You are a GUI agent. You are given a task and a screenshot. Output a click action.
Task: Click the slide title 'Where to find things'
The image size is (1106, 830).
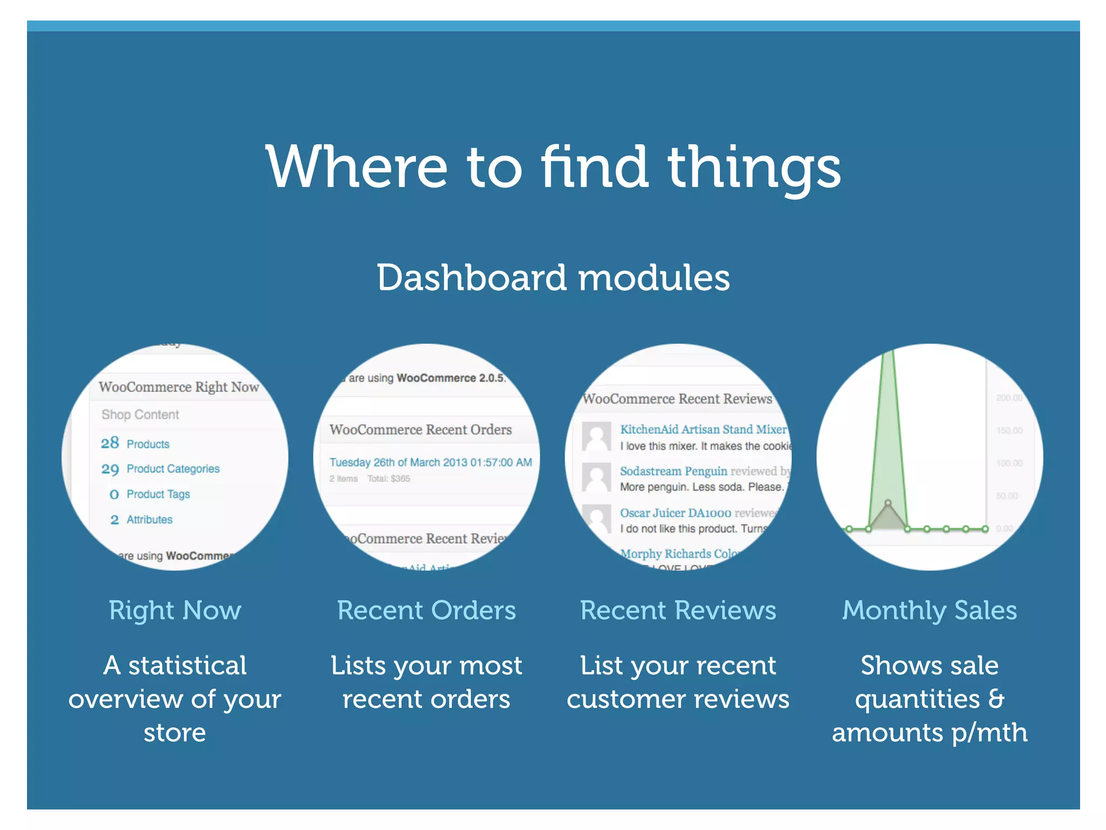pyautogui.click(x=553, y=168)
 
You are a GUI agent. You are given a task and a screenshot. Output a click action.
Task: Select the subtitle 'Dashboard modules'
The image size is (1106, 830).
pyautogui.click(x=553, y=278)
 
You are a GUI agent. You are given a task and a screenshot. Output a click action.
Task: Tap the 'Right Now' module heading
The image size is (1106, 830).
pyautogui.click(x=174, y=611)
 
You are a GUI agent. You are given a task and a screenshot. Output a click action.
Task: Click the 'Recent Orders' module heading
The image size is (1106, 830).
pyautogui.click(x=426, y=611)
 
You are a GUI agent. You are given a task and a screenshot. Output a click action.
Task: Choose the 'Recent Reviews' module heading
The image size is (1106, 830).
pyautogui.click(x=678, y=611)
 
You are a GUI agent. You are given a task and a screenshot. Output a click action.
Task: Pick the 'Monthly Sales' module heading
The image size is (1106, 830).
pyautogui.click(x=929, y=611)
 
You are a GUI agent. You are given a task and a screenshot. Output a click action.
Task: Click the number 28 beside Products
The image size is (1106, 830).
pyautogui.click(x=110, y=443)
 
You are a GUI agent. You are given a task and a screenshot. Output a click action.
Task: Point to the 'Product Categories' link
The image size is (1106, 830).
pyautogui.click(x=173, y=468)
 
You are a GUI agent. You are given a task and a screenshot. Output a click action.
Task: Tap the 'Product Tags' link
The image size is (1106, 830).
pyautogui.click(x=158, y=494)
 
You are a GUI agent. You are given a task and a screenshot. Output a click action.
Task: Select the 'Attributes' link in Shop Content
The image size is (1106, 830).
pyautogui.click(x=150, y=519)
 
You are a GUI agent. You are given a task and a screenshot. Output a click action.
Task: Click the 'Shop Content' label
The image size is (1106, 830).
pyautogui.click(x=140, y=414)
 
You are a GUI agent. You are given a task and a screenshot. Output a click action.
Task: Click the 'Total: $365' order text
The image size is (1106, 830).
pyautogui.click(x=388, y=479)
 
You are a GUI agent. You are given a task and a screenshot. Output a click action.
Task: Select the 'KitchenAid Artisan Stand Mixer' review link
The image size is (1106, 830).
pyautogui.click(x=703, y=429)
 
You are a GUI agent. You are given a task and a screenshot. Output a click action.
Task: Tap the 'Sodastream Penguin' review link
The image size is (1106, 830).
pyautogui.click(x=673, y=471)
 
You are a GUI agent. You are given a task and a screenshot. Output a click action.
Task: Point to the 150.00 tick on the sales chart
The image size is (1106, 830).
pyautogui.click(x=1009, y=431)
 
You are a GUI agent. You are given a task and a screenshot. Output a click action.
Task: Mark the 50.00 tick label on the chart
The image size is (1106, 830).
pyautogui.click(x=1007, y=496)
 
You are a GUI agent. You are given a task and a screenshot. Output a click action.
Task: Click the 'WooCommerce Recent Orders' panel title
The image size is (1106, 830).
pyautogui.click(x=420, y=430)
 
